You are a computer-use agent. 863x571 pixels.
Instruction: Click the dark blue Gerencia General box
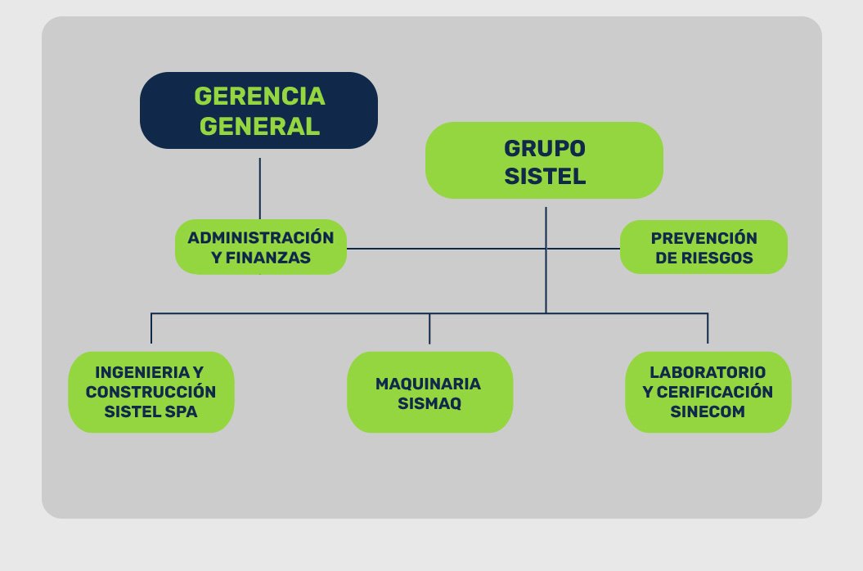258,110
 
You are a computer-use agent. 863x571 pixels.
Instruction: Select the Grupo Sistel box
544,160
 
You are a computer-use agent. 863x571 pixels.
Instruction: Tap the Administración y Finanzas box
261,247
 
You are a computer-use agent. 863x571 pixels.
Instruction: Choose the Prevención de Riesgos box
703,247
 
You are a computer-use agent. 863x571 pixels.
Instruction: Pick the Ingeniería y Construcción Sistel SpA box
151,392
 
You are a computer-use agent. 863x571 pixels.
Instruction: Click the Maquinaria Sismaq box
429,392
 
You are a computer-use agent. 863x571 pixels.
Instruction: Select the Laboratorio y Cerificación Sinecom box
708,392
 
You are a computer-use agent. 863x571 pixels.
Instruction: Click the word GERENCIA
259,97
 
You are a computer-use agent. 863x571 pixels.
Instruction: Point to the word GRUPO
544,148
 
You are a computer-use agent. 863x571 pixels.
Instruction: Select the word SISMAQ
429,402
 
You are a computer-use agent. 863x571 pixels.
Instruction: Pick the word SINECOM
708,412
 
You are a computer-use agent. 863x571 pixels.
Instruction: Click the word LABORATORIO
708,371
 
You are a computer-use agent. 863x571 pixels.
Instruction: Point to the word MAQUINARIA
428,383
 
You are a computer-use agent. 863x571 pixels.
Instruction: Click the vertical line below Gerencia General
260,188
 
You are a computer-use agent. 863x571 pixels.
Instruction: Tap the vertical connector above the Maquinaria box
429,328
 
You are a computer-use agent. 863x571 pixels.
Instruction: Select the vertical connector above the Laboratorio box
708,328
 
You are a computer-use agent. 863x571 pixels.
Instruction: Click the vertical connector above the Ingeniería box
151,328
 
